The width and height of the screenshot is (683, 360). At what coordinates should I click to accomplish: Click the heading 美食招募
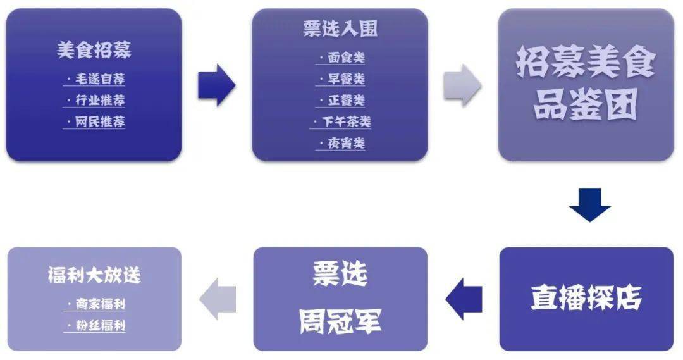click(94, 51)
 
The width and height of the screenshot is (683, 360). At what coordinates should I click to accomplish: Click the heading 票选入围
click(340, 29)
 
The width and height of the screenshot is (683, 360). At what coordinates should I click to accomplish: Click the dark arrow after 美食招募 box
click(216, 84)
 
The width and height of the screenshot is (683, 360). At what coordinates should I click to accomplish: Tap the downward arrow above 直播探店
click(589, 204)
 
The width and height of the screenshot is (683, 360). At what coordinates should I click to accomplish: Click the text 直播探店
click(586, 298)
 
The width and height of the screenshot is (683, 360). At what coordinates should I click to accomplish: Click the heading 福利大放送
click(94, 275)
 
